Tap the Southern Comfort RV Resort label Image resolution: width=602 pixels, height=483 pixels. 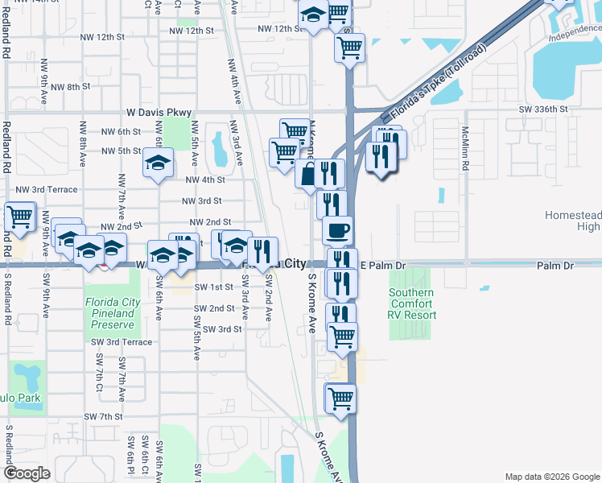pyautogui.click(x=413, y=303)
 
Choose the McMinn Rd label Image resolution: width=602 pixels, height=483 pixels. pyautogui.click(x=465, y=149)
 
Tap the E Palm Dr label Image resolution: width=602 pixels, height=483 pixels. pyautogui.click(x=386, y=265)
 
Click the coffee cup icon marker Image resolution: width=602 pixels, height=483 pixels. pyautogui.click(x=337, y=230)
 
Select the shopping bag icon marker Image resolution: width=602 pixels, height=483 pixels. pyautogui.click(x=309, y=173)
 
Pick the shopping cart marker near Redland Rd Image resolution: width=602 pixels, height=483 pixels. pyautogui.click(x=19, y=217)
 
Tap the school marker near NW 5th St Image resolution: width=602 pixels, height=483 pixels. pyautogui.click(x=159, y=163)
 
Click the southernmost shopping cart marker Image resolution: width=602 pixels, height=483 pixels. pyautogui.click(x=340, y=398)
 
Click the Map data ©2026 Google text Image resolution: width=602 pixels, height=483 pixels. pyautogui.click(x=552, y=477)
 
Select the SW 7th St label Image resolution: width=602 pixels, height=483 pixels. pyautogui.click(x=103, y=417)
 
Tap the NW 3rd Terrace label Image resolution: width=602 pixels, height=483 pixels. pyautogui.click(x=47, y=190)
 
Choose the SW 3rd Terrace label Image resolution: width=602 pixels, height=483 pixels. pyautogui.click(x=121, y=342)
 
